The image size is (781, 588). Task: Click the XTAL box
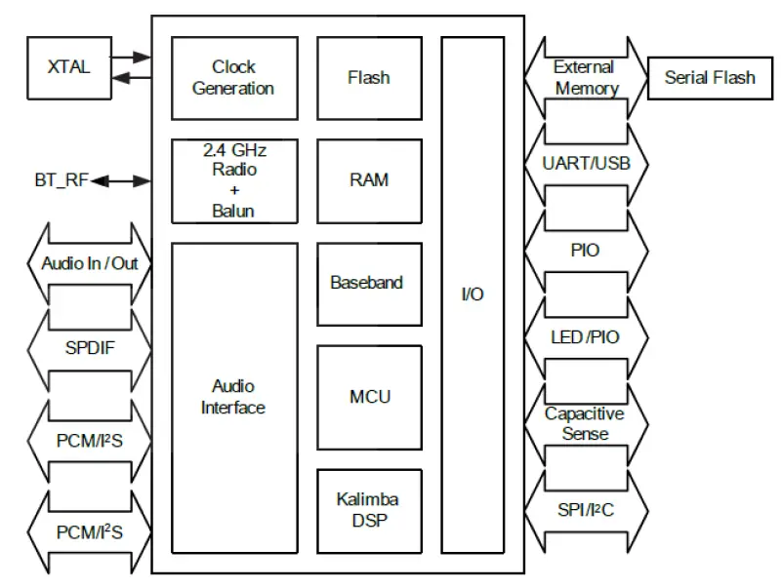pyautogui.click(x=68, y=67)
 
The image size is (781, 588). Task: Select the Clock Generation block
pyautogui.click(x=234, y=78)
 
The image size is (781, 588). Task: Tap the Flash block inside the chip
pyautogui.click(x=369, y=78)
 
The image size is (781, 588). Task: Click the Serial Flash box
pyautogui.click(x=710, y=78)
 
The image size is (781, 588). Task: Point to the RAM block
pyautogui.click(x=369, y=180)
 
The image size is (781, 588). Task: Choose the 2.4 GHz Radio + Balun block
pyautogui.click(x=234, y=180)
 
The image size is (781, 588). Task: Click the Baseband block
pyautogui.click(x=369, y=284)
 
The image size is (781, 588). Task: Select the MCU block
pyautogui.click(x=369, y=397)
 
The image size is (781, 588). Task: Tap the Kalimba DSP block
pyautogui.click(x=369, y=511)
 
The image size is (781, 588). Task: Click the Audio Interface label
pyautogui.click(x=233, y=397)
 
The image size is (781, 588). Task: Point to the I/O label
pyautogui.click(x=472, y=294)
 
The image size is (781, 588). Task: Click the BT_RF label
pyautogui.click(x=62, y=180)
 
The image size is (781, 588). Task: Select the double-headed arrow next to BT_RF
pyautogui.click(x=122, y=180)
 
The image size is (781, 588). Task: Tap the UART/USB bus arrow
pyautogui.click(x=586, y=164)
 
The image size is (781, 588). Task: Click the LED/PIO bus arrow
pyautogui.click(x=586, y=337)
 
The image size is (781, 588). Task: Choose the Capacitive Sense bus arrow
pyautogui.click(x=586, y=424)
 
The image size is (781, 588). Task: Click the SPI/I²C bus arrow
pyautogui.click(x=586, y=510)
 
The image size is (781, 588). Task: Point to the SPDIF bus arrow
pyautogui.click(x=89, y=348)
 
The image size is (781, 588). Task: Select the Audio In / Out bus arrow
pyautogui.click(x=89, y=263)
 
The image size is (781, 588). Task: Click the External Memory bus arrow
pyautogui.click(x=586, y=78)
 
